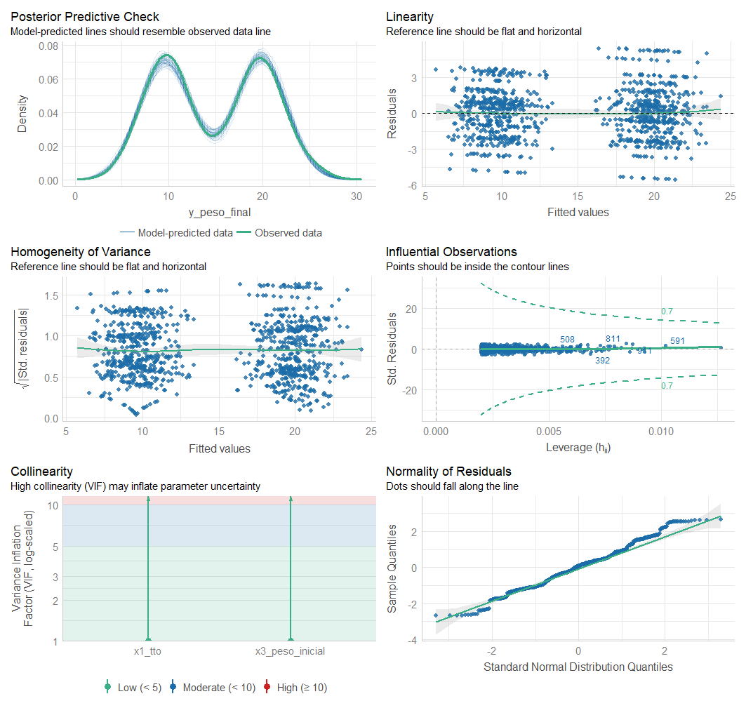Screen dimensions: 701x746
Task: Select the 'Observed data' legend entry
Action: point(288,232)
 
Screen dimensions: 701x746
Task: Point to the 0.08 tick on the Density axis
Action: point(49,46)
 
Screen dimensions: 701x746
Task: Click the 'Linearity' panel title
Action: point(410,17)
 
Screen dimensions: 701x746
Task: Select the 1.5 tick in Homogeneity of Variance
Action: point(51,295)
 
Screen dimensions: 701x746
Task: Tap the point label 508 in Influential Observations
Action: point(567,340)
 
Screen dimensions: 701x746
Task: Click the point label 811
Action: point(613,339)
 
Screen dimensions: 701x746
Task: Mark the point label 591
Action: point(677,341)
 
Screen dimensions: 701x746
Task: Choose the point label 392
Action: point(602,361)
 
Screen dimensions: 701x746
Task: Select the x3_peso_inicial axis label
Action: point(290,651)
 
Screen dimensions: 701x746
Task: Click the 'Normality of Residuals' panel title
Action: point(448,472)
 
